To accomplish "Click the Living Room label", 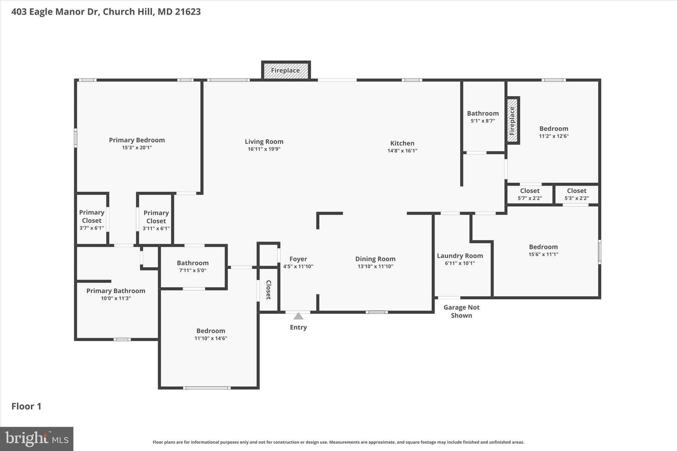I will point(264,142).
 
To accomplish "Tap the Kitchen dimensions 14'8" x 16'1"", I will point(402,151).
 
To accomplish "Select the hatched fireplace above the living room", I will point(286,70).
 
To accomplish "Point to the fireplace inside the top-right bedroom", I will point(512,121).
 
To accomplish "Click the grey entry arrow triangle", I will point(298,317).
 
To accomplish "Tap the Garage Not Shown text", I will point(461,311).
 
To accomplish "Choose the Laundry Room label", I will point(459,256).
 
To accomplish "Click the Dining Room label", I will point(375,259).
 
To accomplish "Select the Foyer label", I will point(298,259).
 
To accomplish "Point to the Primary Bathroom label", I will point(116,291).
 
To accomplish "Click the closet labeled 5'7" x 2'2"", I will point(530,194).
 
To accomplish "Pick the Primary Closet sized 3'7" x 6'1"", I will point(92,220).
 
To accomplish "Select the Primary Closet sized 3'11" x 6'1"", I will point(156,220).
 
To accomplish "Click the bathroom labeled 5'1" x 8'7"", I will point(483,117).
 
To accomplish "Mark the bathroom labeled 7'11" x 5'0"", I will point(193,266).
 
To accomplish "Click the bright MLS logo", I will point(37,439).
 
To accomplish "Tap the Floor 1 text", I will point(26,406).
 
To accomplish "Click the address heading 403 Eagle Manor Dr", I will point(106,12).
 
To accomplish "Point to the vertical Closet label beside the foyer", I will point(268,290).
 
